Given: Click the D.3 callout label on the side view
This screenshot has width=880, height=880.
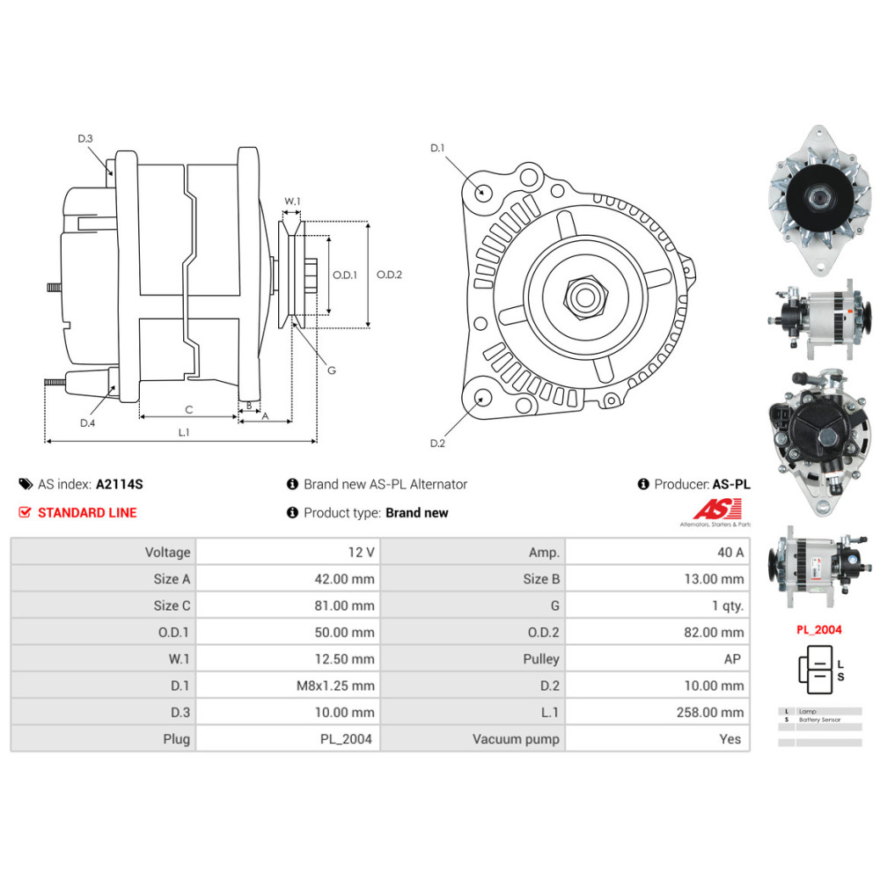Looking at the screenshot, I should (85, 138).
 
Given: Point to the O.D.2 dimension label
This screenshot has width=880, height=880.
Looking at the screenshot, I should (389, 275).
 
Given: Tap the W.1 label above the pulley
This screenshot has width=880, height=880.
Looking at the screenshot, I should (292, 202).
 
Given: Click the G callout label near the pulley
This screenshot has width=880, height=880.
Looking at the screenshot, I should (331, 370).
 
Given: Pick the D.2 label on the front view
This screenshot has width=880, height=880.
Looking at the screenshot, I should (437, 443).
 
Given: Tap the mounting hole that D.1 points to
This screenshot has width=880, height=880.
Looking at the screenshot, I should (481, 192).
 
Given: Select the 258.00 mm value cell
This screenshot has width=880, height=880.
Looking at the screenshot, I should (714, 712).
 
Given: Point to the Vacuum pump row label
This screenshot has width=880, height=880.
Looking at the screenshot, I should (516, 739).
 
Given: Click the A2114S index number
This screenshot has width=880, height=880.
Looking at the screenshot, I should (119, 484).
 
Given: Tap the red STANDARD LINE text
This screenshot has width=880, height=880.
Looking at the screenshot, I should (87, 512).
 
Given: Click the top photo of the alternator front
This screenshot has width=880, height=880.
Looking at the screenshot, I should (815, 200).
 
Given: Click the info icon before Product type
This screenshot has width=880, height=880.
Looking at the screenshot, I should (292, 512).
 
